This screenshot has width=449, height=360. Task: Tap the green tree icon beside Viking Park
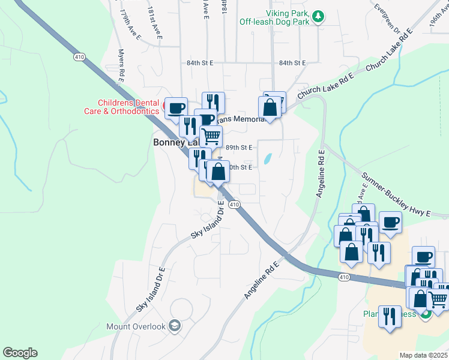[320, 16]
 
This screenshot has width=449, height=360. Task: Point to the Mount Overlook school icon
[175, 325]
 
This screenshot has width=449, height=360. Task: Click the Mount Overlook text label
[136, 326]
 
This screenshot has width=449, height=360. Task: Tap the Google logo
[20, 353]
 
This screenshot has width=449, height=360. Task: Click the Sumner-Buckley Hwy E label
[396, 194]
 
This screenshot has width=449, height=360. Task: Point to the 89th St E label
[240, 147]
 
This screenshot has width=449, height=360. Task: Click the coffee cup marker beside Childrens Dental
[176, 108]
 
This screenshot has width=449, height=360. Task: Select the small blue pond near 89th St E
[267, 159]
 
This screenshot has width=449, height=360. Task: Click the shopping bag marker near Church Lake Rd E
[270, 107]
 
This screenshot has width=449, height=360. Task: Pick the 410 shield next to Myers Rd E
[79, 57]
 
